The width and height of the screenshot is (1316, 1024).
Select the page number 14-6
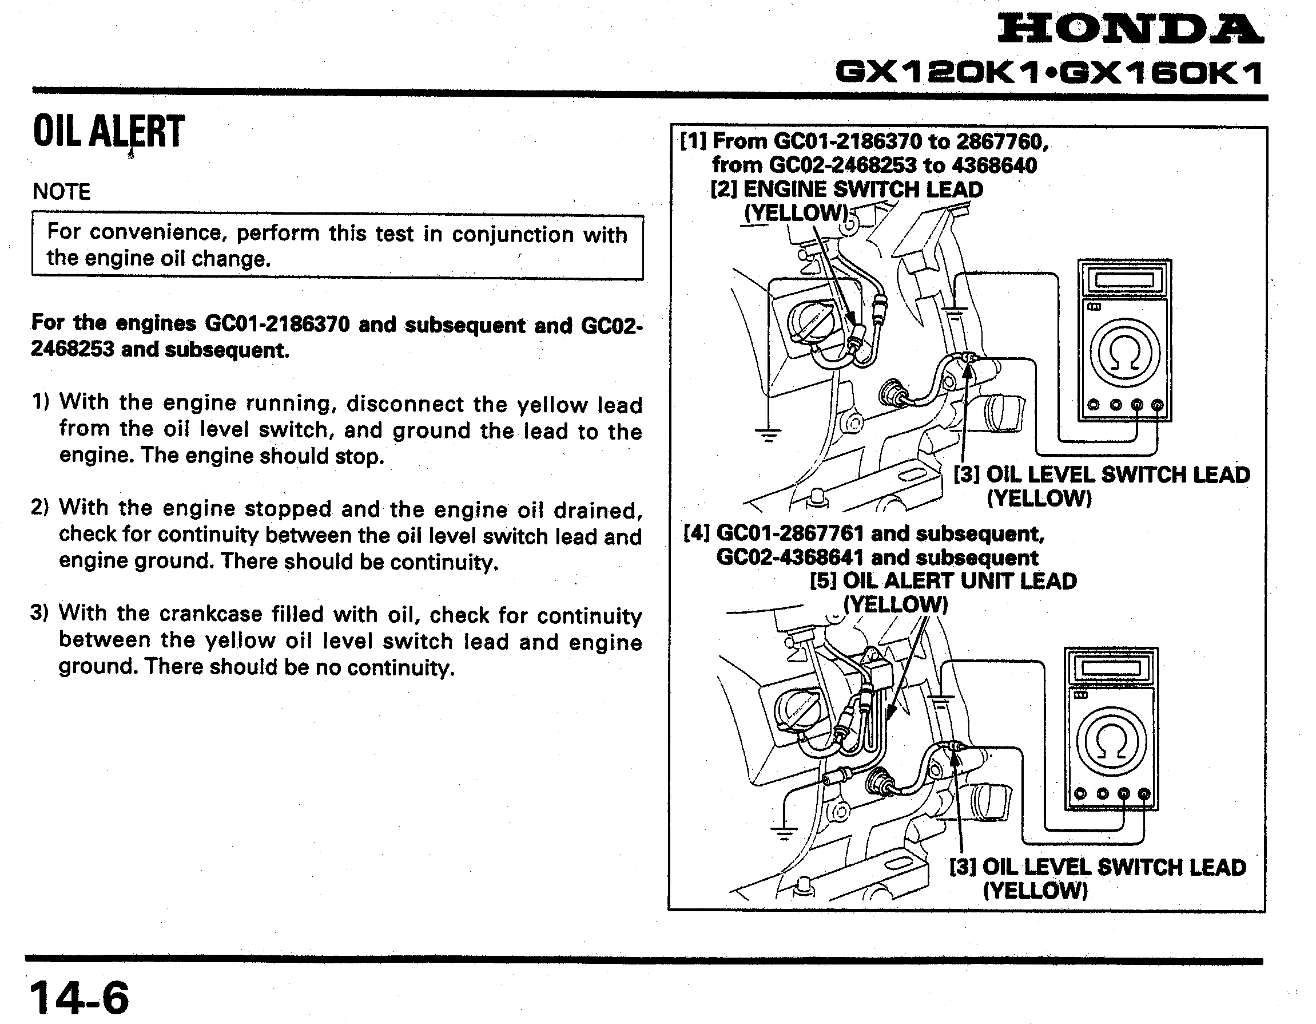[x=79, y=998]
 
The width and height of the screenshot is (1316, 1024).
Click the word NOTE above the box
[x=61, y=192]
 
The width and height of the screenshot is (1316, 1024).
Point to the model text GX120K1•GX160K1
[x=1048, y=74]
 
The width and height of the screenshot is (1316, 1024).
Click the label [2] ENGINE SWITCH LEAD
[x=846, y=189]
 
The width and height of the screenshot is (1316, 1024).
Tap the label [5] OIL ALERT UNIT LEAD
[x=943, y=581]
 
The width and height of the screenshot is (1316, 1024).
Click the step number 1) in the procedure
[x=41, y=402]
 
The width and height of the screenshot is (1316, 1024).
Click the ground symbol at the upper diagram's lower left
[x=768, y=433]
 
